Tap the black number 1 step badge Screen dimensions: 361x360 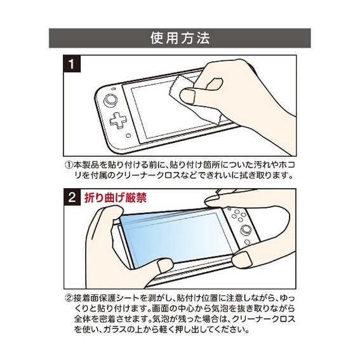(x=73, y=65)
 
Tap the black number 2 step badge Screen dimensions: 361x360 (x=73, y=197)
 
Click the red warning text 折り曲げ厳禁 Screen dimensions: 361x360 (x=116, y=197)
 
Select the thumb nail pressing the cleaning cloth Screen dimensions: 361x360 (x=187, y=97)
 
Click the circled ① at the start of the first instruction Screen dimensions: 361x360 (x=69, y=163)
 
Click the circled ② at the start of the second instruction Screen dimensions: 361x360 (x=69, y=296)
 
